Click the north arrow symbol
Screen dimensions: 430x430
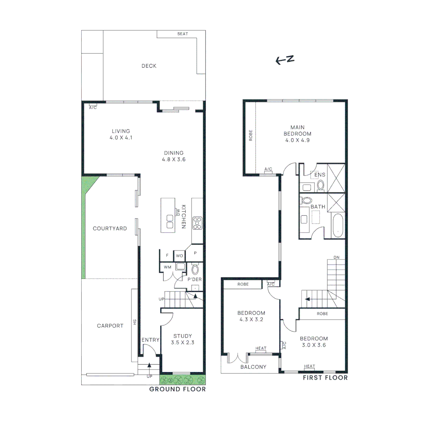coord(285,60)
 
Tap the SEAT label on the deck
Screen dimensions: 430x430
coord(183,34)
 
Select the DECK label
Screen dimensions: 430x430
coord(149,66)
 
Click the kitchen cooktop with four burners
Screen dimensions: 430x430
coord(197,223)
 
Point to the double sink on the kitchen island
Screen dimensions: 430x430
coord(170,221)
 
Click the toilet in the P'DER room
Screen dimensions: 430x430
coord(195,270)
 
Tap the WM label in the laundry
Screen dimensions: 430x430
coord(167,267)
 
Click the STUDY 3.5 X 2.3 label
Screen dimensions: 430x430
coord(182,339)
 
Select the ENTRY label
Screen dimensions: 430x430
coord(150,340)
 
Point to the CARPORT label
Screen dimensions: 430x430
coord(110,326)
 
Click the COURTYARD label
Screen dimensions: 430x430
coord(110,229)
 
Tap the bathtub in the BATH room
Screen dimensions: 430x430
coord(337,226)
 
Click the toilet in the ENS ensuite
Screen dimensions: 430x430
coord(321,184)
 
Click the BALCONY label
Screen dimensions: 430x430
coord(253,367)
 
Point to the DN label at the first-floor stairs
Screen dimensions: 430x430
coord(336,257)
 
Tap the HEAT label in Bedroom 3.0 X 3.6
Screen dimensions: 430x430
coord(309,366)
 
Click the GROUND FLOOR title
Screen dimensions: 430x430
coord(178,389)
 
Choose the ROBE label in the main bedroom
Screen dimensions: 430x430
coord(250,137)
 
